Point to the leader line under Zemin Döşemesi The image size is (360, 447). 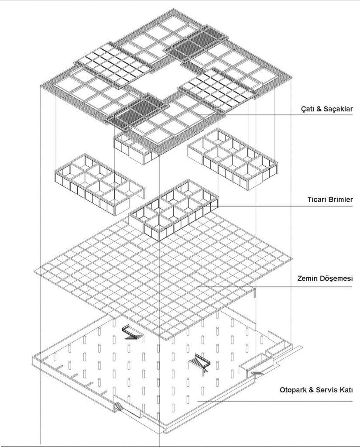coord(275,286)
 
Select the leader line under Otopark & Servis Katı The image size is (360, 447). coord(275,401)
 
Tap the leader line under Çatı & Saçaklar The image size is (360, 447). coord(275,115)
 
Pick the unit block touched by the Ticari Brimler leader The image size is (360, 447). coord(174,210)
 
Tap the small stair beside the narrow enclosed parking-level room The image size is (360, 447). coord(257,373)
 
